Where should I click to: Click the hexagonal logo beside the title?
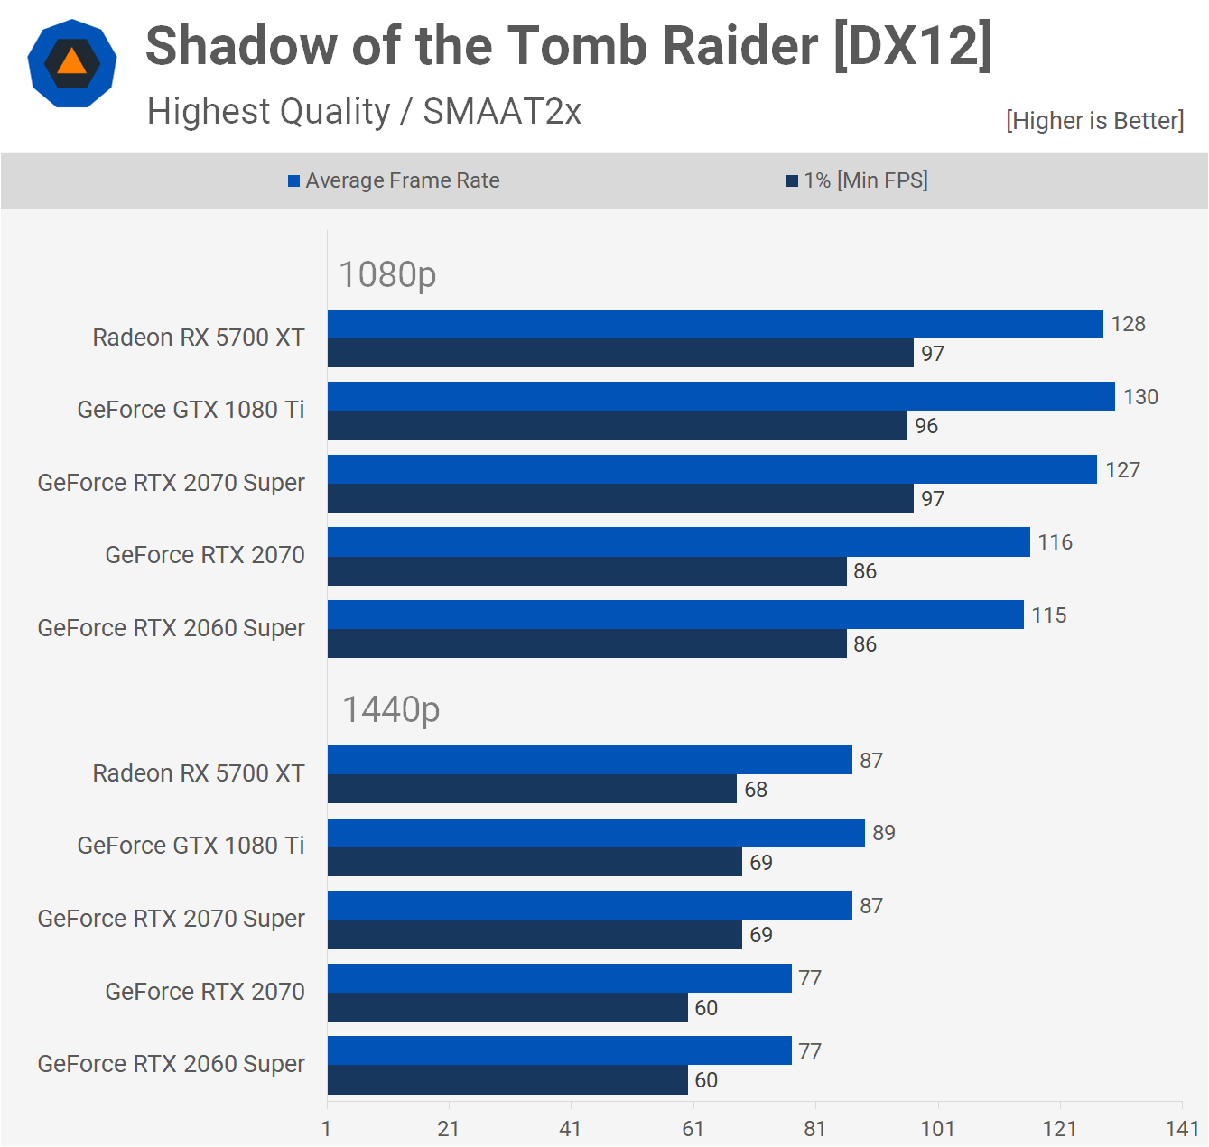click(72, 63)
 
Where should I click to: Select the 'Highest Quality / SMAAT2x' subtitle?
click(364, 112)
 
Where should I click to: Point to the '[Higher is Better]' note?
click(1094, 121)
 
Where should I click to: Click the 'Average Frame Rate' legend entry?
click(394, 180)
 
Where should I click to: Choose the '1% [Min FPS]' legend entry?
click(857, 180)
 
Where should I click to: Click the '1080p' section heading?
click(387, 274)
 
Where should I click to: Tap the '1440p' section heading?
click(390, 710)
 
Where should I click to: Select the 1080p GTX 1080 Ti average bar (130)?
click(721, 397)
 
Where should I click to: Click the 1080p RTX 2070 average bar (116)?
click(678, 542)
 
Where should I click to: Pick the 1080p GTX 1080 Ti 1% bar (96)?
click(617, 426)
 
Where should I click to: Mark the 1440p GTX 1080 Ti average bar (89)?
click(596, 833)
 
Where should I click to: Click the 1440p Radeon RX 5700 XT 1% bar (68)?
click(532, 790)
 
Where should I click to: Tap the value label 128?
click(1128, 324)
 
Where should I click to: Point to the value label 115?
click(1049, 615)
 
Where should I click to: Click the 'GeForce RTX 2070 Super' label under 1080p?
click(171, 483)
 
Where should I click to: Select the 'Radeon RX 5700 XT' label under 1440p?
click(199, 773)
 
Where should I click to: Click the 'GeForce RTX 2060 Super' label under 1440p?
click(171, 1064)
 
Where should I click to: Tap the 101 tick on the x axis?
click(937, 1129)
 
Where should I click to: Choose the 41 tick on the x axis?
click(571, 1129)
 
